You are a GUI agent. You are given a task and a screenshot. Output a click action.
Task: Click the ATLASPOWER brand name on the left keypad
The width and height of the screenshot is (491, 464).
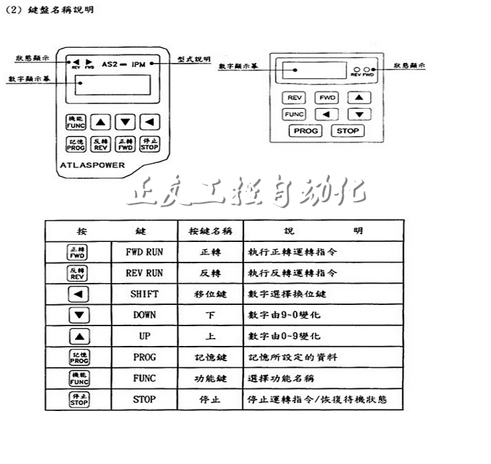(97, 164)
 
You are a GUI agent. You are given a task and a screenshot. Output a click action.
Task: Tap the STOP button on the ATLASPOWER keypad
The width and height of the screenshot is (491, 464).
(149, 144)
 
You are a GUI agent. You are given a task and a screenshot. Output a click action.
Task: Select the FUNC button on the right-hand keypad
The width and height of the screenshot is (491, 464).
(294, 114)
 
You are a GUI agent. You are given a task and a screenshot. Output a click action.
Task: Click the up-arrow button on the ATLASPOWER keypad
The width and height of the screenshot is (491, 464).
(100, 121)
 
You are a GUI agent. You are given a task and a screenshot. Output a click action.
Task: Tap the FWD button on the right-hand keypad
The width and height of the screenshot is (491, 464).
(326, 97)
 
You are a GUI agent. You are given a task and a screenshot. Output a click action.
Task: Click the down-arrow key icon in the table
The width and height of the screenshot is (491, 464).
(78, 315)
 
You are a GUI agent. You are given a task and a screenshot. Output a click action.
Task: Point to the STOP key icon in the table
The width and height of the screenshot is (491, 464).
(78, 400)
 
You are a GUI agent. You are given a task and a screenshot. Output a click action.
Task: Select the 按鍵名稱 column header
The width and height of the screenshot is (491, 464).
(210, 231)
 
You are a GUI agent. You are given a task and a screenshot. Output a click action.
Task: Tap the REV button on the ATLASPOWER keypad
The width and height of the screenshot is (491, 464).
(100, 144)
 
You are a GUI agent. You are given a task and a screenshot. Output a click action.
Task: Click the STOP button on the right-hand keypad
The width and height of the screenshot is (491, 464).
(347, 131)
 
